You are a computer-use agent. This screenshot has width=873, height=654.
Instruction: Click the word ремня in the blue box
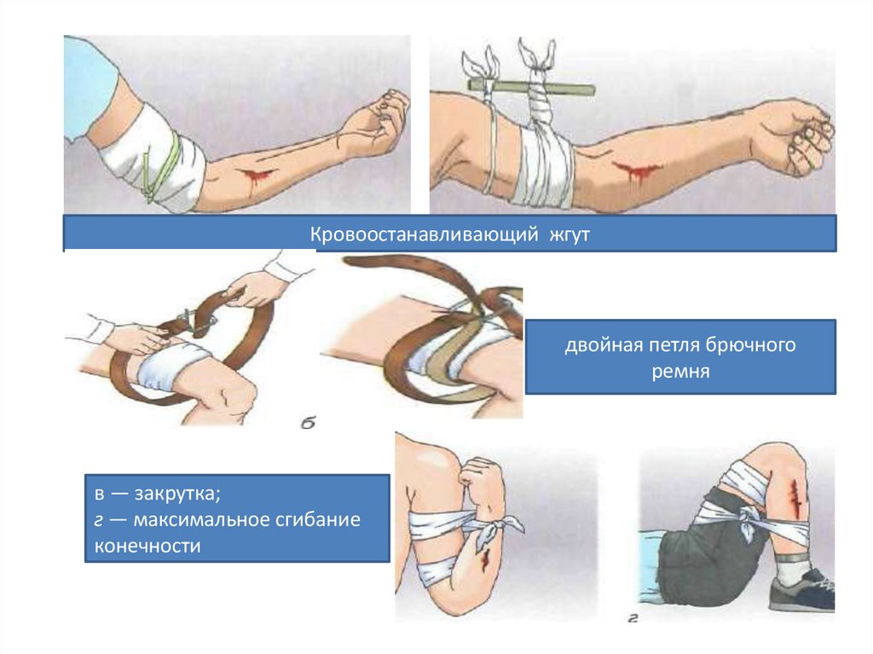pyautogui.click(x=679, y=373)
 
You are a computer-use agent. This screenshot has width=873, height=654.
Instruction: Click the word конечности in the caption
pyautogui.click(x=147, y=546)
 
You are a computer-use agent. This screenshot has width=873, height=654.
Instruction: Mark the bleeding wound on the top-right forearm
pyautogui.click(x=632, y=171)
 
